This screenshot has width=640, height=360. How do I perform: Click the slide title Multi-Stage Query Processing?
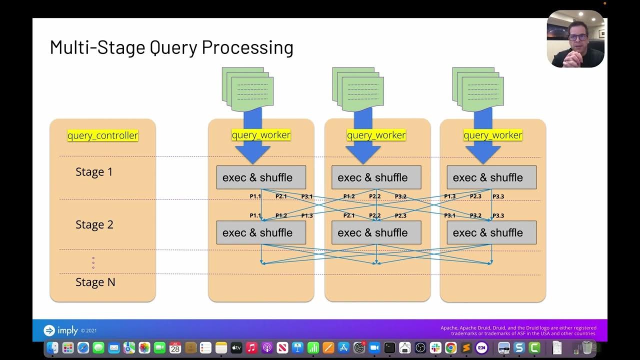(171, 47)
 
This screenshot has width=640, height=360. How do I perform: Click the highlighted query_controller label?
(102, 135)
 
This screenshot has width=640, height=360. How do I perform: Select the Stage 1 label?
(94, 172)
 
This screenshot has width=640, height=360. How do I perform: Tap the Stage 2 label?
(94, 225)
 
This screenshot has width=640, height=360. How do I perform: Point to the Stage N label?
(95, 282)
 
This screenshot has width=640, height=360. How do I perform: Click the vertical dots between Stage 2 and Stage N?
(93, 262)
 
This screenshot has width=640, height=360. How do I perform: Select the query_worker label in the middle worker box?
(376, 135)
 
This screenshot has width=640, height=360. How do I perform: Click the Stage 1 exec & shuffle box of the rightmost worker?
(491, 177)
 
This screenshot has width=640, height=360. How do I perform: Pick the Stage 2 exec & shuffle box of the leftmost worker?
(260, 232)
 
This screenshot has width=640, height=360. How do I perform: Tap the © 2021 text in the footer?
(88, 331)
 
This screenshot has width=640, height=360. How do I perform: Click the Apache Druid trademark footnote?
(518, 330)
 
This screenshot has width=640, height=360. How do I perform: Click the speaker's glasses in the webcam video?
(577, 37)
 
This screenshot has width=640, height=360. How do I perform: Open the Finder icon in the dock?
(52, 348)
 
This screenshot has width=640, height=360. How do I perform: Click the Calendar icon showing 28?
(175, 348)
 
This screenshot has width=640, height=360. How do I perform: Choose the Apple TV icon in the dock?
(236, 348)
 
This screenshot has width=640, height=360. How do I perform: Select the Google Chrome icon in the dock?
(450, 348)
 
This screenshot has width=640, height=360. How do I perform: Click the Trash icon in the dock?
(587, 348)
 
